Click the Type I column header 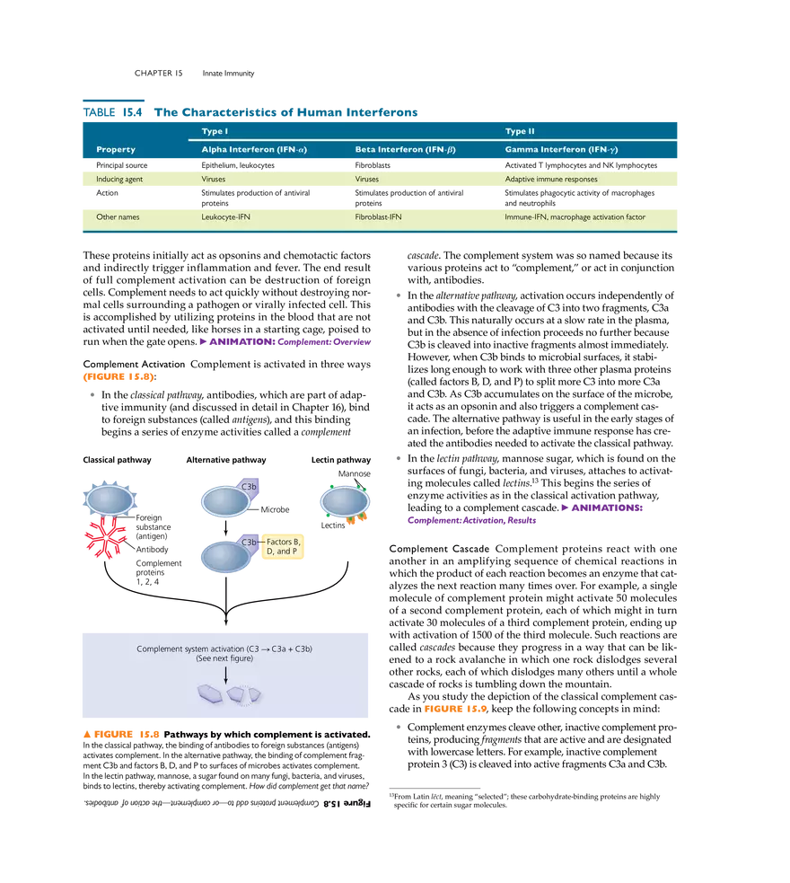coord(214,132)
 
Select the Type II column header coord(520,132)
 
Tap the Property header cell coord(116,149)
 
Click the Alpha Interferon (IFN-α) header coord(254,149)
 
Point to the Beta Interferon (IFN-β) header coord(405,149)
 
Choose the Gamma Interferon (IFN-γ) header coord(561,149)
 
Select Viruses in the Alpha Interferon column coord(214,180)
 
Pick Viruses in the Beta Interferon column coord(367,180)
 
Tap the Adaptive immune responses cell coord(551,180)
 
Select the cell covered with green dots coord(345,500)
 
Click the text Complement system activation coord(190,649)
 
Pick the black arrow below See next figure coord(225,673)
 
